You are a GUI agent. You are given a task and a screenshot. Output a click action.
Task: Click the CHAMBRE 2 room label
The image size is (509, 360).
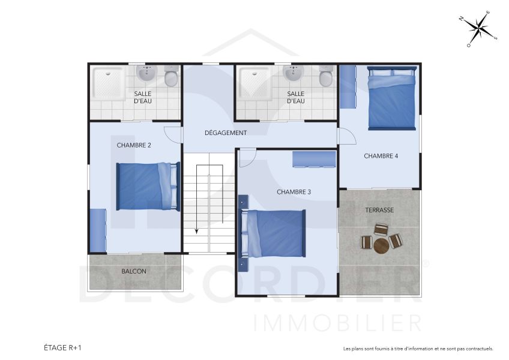(134, 145)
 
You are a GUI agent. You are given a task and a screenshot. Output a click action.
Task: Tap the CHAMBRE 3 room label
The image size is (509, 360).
(294, 192)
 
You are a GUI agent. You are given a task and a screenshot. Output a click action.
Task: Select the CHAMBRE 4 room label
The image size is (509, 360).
(381, 156)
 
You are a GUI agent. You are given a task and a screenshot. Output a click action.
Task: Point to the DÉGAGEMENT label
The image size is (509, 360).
(226, 133)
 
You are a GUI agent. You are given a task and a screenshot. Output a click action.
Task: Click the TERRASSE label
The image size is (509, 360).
(379, 210)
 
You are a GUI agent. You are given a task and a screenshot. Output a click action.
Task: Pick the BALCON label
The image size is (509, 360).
(134, 271)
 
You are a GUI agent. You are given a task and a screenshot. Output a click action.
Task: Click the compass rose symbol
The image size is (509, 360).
(478, 28)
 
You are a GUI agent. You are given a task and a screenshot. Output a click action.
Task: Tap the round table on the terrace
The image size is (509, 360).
(382, 245)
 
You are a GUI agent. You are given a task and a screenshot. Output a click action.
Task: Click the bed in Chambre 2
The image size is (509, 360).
(148, 187)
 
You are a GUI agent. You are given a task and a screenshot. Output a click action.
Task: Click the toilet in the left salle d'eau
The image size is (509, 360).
(170, 77)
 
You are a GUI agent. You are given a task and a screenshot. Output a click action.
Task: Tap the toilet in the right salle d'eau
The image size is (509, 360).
(326, 77)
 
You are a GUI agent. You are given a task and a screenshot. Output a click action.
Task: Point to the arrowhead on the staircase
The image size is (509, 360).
(196, 231)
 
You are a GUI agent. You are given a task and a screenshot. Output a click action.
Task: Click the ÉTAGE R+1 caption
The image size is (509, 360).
(62, 347)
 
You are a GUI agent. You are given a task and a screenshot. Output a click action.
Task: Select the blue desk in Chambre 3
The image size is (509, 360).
(313, 159)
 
